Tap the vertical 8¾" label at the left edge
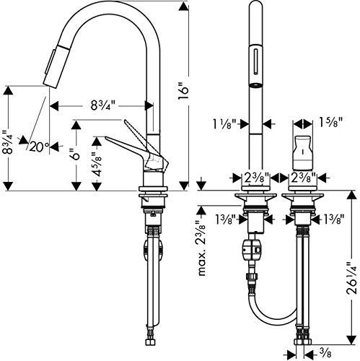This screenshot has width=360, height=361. [8, 143]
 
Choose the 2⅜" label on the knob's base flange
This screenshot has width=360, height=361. [302, 177]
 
